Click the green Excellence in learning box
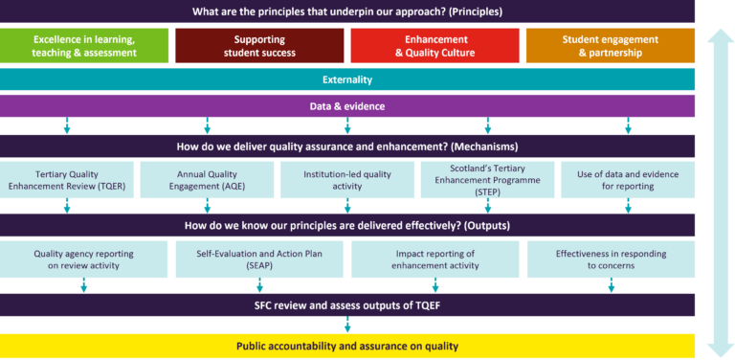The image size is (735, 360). tap(83, 45)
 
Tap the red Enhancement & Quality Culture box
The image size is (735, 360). tap(434, 45)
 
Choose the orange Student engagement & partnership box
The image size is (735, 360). tap(610, 45)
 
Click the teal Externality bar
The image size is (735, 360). tap(347, 79)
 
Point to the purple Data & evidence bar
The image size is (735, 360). tap(347, 106)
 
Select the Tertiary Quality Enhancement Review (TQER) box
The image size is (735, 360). tap(67, 180)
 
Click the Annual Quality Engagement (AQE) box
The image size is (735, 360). tap(207, 180)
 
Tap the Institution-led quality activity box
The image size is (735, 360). tap(347, 180)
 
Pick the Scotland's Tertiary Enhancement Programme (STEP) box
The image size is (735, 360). tap(487, 180)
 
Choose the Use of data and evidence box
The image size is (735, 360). tap(628, 180)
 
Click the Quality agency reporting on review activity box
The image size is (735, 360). tap(83, 259)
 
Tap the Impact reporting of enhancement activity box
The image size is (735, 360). tap(434, 259)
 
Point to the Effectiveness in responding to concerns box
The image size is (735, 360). tap(610, 259)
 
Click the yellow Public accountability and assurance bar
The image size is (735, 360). tap(347, 346)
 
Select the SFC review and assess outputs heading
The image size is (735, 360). tap(347, 305)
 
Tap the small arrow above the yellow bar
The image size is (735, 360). tap(347, 325)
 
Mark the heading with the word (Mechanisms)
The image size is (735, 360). tap(347, 146)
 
